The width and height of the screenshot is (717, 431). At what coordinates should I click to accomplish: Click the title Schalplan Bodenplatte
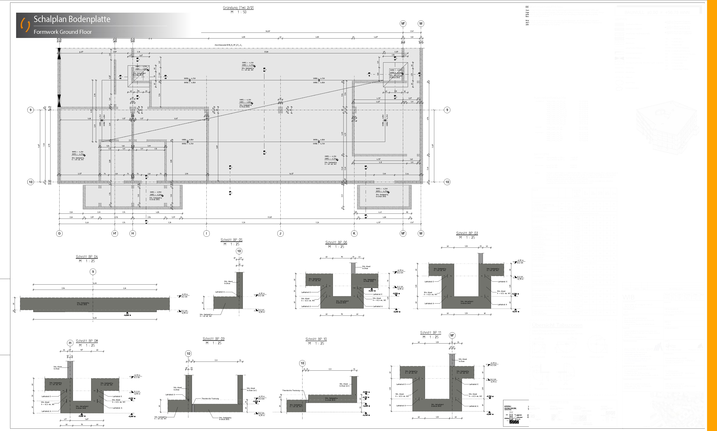pyautogui.click(x=72, y=19)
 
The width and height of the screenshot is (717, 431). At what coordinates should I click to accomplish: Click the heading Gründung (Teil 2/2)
pyautogui.click(x=238, y=8)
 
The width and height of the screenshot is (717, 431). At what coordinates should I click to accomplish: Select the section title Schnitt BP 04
pyautogui.click(x=87, y=257)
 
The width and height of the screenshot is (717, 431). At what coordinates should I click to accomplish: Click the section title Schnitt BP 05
pyautogui.click(x=231, y=240)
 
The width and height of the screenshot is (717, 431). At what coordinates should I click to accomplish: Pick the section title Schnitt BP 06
pyautogui.click(x=336, y=242)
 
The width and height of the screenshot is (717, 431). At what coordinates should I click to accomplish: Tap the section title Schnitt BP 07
pyautogui.click(x=467, y=233)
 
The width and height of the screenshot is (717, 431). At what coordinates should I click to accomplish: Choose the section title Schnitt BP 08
pyautogui.click(x=87, y=341)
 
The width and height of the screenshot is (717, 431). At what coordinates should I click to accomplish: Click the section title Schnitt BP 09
pyautogui.click(x=213, y=339)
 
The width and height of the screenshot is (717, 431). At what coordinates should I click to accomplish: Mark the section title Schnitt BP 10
pyautogui.click(x=316, y=339)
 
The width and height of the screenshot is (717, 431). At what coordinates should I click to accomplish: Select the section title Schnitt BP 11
pyautogui.click(x=430, y=332)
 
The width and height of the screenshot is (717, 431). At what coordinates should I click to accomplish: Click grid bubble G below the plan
pyautogui.click(x=59, y=233)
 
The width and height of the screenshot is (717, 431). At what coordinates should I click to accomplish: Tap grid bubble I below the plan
pyautogui.click(x=206, y=233)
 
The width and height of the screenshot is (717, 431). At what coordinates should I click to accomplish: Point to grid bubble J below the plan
pyautogui.click(x=280, y=233)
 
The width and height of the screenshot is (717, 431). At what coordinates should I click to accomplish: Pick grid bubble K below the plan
pyautogui.click(x=354, y=233)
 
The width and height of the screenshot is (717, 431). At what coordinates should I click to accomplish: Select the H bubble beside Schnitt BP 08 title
pyautogui.click(x=70, y=343)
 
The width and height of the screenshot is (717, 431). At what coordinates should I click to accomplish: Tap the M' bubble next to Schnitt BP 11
pyautogui.click(x=452, y=335)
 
